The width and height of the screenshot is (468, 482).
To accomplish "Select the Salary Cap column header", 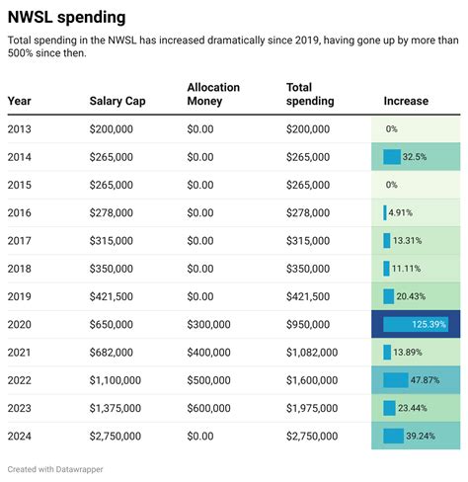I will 118,101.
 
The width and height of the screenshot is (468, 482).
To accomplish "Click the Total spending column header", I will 310,95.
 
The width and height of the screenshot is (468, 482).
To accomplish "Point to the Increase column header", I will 406,101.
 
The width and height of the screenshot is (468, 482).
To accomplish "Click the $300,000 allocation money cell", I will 208,324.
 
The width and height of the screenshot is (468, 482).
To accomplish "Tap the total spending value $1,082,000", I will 311,353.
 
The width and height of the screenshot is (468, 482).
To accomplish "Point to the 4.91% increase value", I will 399,212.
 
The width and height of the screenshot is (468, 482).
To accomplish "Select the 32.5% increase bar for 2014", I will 392,157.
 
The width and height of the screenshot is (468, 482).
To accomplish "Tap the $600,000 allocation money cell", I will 208,408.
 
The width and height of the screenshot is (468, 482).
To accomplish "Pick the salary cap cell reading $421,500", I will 114,296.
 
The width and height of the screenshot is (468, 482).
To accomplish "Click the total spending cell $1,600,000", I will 311,380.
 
